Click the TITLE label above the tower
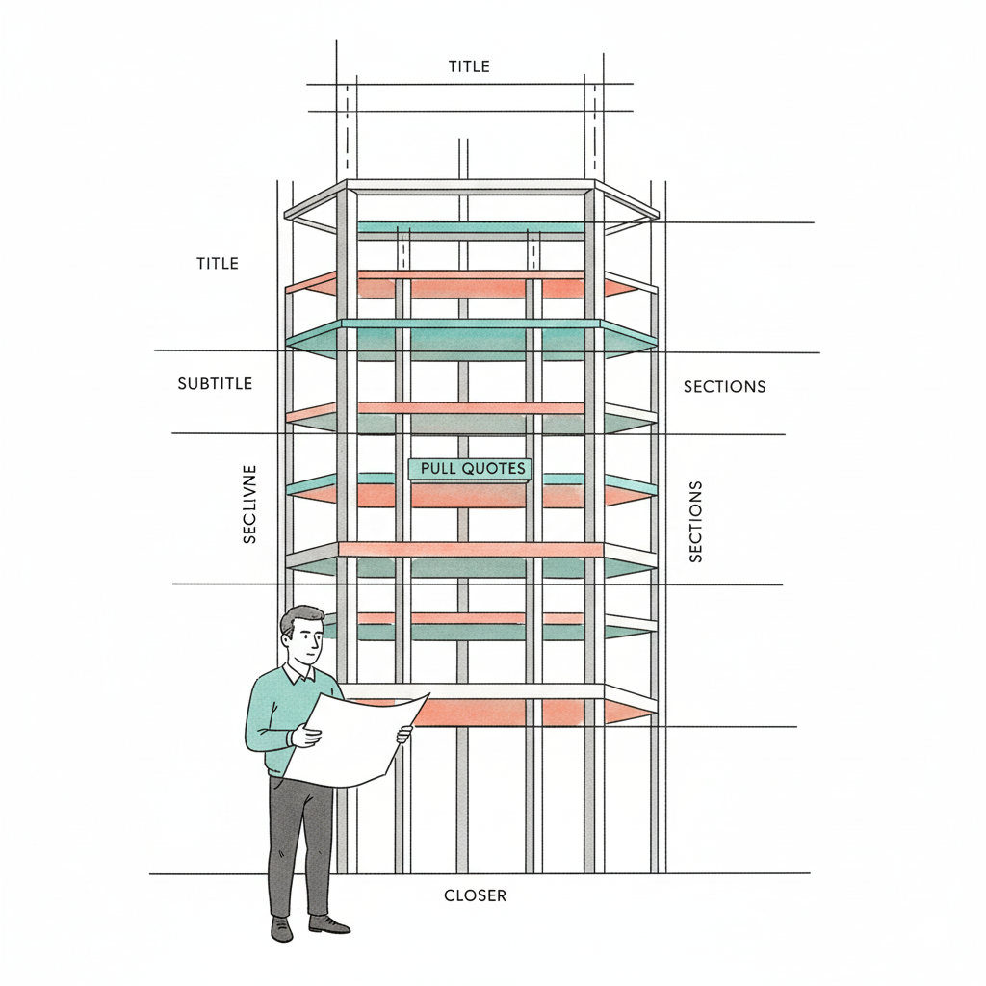coord(469,66)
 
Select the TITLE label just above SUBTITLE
coord(217,263)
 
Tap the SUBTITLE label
coord(215,383)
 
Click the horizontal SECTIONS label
coord(724,387)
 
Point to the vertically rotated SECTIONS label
coord(696,521)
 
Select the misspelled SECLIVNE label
coord(249,507)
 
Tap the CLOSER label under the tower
coord(475,895)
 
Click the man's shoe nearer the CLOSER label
coord(328,924)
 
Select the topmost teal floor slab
coord(472,227)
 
